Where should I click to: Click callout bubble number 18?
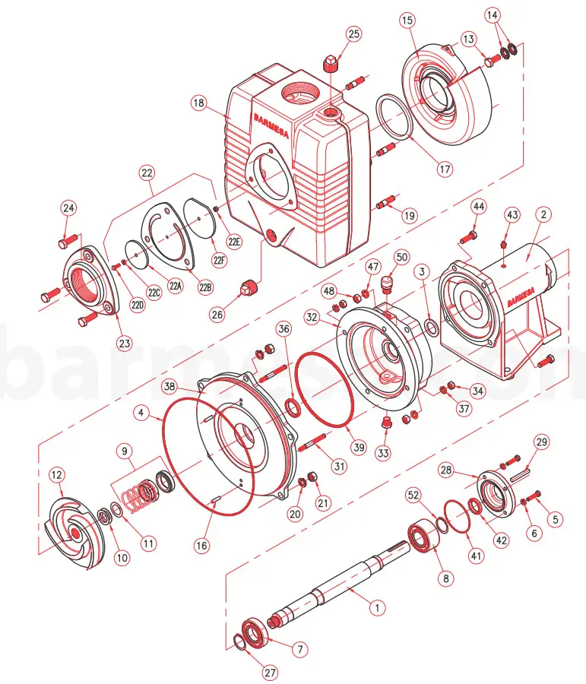tap(198, 102)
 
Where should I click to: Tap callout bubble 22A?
tap(176, 287)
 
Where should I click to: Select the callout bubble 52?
tap(413, 494)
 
